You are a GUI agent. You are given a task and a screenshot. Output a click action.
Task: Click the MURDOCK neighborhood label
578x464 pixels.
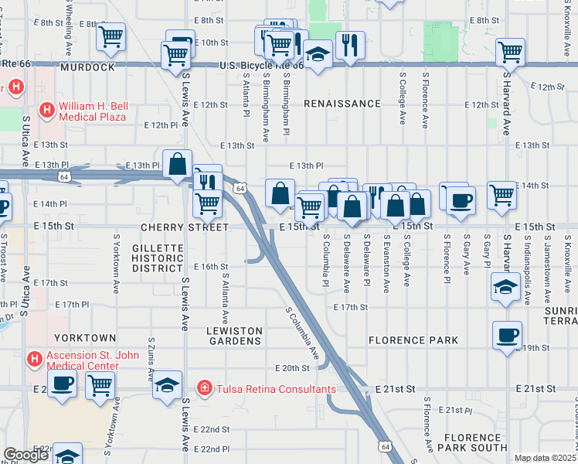[x=87, y=68]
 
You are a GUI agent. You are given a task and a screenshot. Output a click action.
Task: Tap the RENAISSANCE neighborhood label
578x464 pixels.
[x=342, y=104]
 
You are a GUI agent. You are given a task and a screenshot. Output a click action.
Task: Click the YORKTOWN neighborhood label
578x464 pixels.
[x=85, y=339]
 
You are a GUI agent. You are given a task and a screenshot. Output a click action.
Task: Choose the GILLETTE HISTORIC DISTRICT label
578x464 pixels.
[x=157, y=258]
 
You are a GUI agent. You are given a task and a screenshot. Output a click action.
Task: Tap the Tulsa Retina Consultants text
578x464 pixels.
[x=276, y=388]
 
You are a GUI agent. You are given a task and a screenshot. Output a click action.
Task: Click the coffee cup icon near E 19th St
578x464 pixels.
[x=507, y=335]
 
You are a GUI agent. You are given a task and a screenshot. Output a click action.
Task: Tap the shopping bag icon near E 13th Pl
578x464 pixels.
[x=178, y=164]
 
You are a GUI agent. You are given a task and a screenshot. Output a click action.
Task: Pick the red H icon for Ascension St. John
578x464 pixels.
[x=34, y=359]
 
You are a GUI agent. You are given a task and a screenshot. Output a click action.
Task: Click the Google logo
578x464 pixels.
[x=25, y=455]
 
